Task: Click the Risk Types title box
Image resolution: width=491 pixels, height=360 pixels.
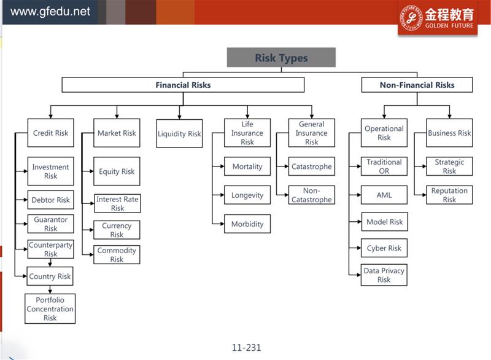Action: pos(281,57)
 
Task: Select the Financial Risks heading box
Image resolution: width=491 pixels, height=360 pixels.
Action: pos(183,85)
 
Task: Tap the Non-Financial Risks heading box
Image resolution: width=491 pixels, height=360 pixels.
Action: pos(417,85)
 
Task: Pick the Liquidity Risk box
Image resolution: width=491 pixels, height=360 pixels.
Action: pos(179,133)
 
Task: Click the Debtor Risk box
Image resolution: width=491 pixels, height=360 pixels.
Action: pos(51,200)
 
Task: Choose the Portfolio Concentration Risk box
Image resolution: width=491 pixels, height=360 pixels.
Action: pos(50,308)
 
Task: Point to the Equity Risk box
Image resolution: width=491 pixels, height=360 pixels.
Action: pos(117,171)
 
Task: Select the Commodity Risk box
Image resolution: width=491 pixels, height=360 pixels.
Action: pos(117,255)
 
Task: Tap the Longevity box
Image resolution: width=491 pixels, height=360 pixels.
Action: pos(247,195)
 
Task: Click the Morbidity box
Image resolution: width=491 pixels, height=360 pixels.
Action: pos(247,224)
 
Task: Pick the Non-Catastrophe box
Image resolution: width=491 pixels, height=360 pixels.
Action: pos(312,195)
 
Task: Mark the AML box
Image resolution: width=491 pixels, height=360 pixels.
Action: pos(384,195)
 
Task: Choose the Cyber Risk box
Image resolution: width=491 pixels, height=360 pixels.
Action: pos(384,248)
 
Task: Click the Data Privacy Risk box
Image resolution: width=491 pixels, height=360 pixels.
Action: pos(384,275)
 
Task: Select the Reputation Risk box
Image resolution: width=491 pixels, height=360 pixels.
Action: pos(449,195)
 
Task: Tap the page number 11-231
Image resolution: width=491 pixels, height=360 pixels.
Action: pos(247,348)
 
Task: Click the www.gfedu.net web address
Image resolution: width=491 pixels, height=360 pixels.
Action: pos(50,12)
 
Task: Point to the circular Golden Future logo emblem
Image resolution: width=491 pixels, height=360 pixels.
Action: pos(411,18)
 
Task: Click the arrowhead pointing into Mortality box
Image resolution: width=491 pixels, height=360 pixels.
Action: pos(222,166)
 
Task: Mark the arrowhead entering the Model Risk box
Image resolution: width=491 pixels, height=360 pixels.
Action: pos(359,222)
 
